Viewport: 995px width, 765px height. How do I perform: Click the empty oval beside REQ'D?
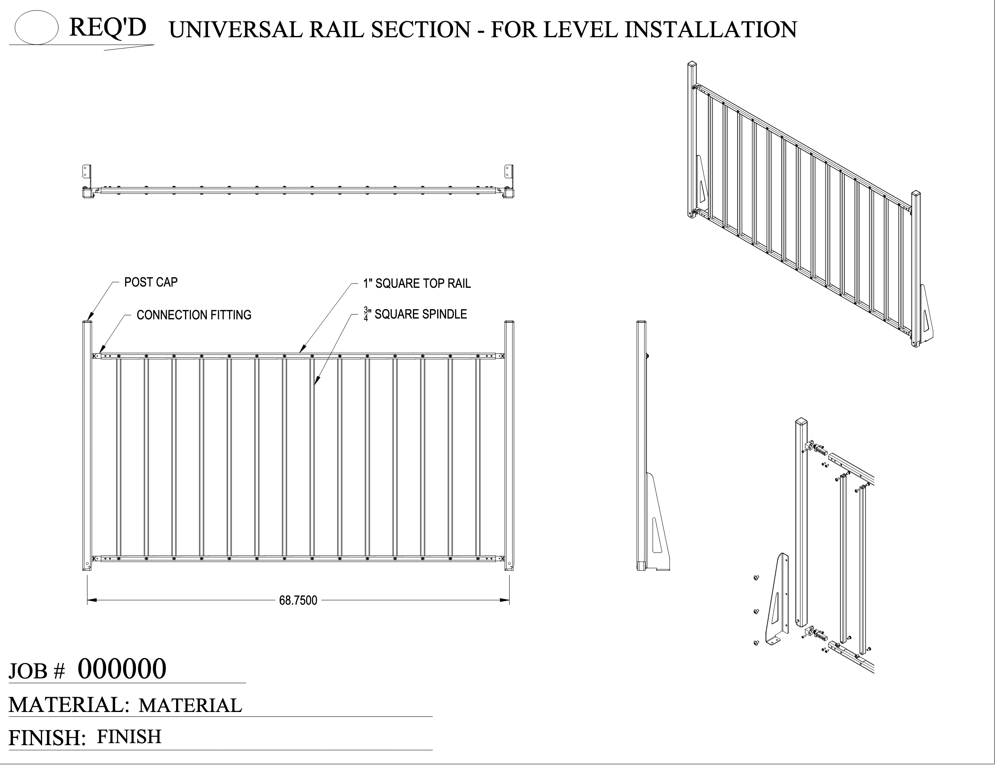coord(36,28)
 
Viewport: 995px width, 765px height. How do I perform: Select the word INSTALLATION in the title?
coord(710,30)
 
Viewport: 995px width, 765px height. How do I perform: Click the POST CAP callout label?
coord(151,283)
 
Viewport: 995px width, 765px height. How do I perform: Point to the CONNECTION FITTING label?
coord(194,315)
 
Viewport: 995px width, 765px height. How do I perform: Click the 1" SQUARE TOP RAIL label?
coord(417,284)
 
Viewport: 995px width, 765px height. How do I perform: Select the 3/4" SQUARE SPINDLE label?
coord(415,314)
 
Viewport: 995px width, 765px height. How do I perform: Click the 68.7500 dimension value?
coord(298,601)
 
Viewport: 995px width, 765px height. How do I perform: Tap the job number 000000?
coord(122,669)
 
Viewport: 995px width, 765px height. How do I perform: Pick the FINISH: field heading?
coord(47,737)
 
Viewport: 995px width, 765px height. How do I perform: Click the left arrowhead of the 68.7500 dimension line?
coord(91,600)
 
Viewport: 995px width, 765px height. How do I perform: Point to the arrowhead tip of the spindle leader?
coord(315,385)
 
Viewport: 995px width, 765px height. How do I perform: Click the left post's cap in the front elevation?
coord(87,322)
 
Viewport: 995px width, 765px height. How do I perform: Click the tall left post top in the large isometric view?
coord(692,65)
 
